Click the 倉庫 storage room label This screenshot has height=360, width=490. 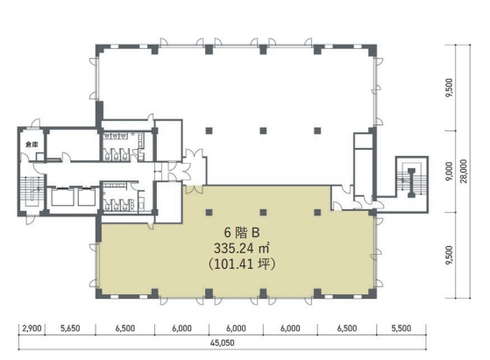click(32, 145)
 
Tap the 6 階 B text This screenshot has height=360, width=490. click(242, 233)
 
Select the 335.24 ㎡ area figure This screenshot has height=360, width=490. click(242, 249)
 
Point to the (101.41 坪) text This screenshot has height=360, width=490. click(242, 265)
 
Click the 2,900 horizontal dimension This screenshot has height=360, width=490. click(32, 328)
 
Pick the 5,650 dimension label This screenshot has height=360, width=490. click(70, 328)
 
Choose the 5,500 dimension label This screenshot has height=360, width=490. click(401, 328)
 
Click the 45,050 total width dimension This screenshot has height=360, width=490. click(222, 342)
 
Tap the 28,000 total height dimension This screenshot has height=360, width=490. click(464, 171)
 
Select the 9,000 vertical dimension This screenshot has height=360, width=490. click(450, 171)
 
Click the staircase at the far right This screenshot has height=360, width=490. click(411, 183)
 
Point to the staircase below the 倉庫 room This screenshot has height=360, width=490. click(32, 192)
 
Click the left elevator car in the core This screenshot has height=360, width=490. click(62, 197)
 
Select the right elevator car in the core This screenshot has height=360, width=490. click(87, 197)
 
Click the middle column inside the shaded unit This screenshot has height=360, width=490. click(263, 213)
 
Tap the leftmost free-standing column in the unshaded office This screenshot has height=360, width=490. click(209, 131)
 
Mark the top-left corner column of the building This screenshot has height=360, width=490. click(100, 49)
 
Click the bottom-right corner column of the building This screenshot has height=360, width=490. click(372, 293)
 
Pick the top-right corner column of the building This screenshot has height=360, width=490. click(372, 49)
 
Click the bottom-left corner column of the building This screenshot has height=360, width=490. click(100, 293)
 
